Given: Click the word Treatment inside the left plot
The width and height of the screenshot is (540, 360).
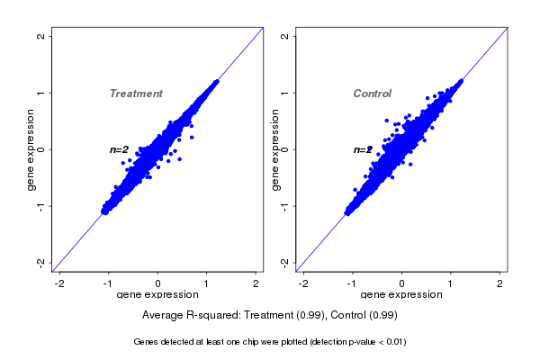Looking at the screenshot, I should [136, 94].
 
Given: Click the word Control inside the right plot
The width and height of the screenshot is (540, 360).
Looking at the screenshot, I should [373, 94].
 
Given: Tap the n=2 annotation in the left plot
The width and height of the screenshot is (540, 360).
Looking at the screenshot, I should [119, 149].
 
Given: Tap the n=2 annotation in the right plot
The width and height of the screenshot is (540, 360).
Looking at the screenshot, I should [363, 149].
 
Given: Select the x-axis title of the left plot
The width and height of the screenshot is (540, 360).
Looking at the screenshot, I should [157, 294].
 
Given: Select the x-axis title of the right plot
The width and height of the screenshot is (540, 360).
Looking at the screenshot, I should [401, 294].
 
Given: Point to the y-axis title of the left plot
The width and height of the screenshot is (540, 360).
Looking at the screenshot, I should [31, 149].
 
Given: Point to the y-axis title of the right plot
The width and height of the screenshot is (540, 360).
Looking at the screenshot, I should [275, 149].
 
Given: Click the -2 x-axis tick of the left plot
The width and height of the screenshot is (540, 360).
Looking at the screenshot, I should [59, 283].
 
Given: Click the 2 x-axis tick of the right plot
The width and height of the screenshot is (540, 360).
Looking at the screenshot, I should [499, 283].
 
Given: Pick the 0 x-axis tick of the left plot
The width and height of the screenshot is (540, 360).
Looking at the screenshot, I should [157, 283].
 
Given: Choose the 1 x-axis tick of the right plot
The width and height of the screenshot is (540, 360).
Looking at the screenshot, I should [451, 283].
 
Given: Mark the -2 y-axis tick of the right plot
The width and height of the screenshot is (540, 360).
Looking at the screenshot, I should [285, 262].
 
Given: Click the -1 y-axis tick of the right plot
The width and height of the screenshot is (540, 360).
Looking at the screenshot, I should [285, 206].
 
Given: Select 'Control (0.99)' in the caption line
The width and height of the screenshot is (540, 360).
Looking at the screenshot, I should [364, 315].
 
